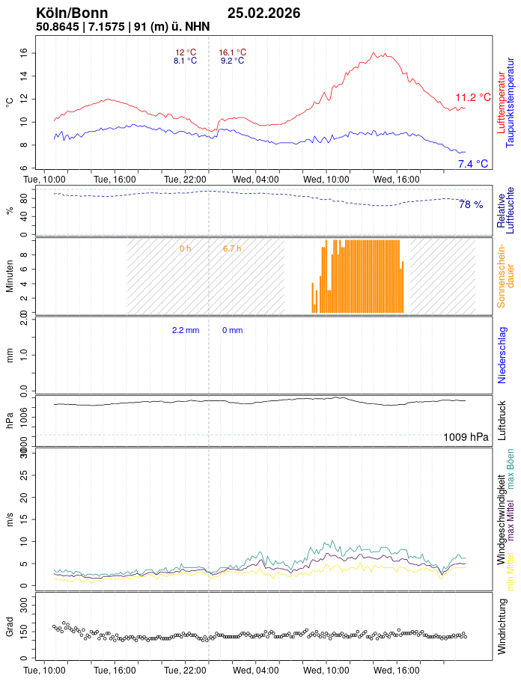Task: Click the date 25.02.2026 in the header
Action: point(263,13)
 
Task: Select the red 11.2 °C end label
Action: point(472,97)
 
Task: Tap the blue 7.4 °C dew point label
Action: point(472,164)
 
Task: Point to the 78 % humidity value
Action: point(470,204)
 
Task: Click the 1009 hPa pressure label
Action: point(466,437)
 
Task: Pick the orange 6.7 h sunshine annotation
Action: point(232,248)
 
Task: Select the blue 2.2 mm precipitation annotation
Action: point(185,330)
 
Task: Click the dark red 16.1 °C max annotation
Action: point(232,52)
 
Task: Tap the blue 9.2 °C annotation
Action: point(232,61)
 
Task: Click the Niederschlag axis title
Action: point(502,355)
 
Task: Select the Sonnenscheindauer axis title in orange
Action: point(502,275)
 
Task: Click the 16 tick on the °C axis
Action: point(24,52)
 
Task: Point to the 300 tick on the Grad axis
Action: point(24,602)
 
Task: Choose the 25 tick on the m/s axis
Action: point(24,475)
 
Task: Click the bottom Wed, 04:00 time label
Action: point(256,671)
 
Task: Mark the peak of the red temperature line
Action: point(374,52)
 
